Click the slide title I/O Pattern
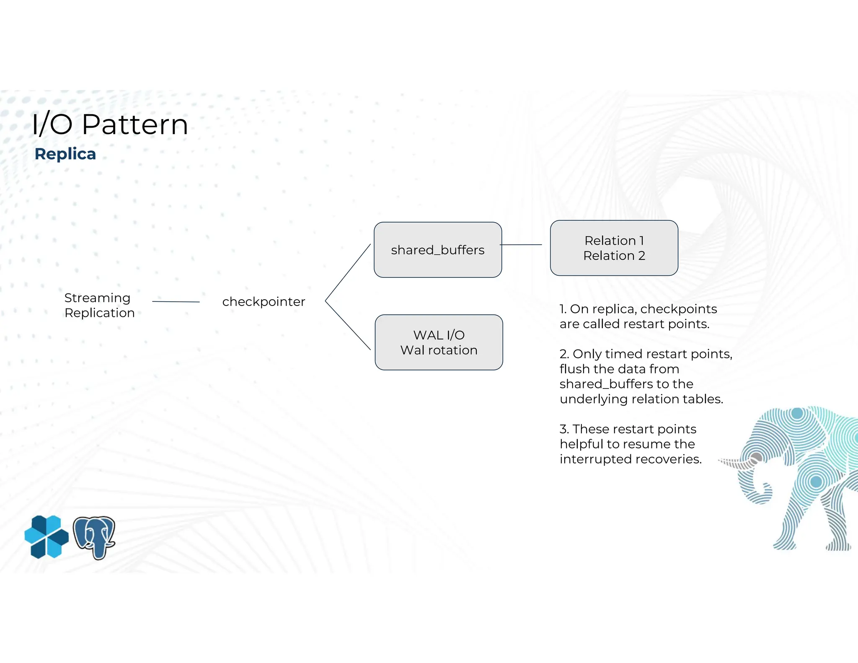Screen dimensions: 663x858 tap(110, 124)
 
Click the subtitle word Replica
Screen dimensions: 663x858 tap(65, 154)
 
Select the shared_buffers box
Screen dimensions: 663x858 tap(438, 250)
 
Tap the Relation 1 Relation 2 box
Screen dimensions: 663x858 tap(614, 248)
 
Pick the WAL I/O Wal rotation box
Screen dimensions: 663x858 tap(439, 342)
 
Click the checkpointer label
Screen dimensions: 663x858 tap(264, 301)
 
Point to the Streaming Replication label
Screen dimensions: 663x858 tap(99, 305)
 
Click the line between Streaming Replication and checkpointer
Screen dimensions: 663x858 tap(176, 301)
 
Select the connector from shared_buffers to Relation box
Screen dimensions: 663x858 tap(521, 244)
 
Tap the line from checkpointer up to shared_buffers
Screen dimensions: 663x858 tap(348, 272)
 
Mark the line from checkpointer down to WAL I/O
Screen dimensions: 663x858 tap(348, 325)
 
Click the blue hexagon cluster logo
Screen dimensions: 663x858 tap(47, 536)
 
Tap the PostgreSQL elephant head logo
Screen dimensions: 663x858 tap(94, 537)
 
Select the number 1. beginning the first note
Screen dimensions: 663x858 tap(563, 309)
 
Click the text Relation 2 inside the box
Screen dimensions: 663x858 tap(614, 256)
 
